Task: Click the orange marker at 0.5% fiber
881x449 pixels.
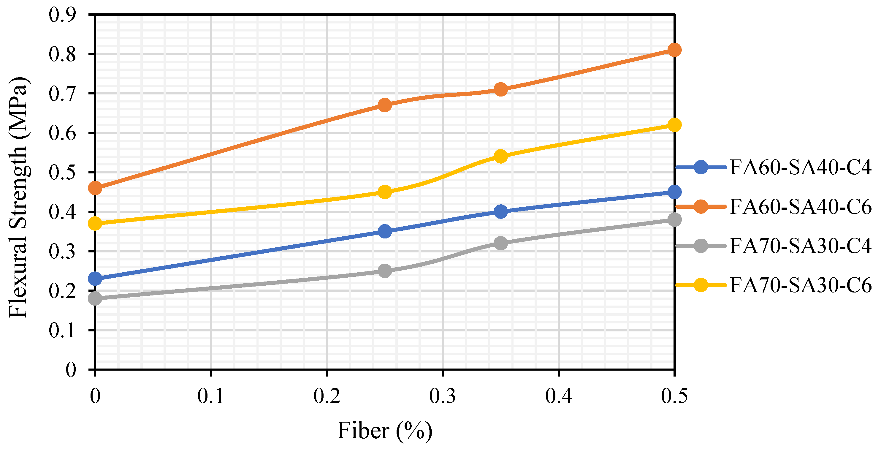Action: pos(674,50)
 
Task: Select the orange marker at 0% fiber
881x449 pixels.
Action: pos(95,188)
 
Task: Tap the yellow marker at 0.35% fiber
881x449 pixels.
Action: pos(501,156)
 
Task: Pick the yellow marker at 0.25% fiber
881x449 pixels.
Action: pos(385,192)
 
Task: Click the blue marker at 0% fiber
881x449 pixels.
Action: pos(95,279)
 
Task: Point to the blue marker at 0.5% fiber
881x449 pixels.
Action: pos(674,192)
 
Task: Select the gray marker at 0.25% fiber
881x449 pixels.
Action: pos(385,271)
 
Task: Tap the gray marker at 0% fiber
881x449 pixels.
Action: pos(95,298)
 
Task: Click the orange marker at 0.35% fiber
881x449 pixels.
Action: pos(501,89)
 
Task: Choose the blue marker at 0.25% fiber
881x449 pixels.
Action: pos(385,231)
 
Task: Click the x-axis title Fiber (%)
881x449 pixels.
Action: pos(385,431)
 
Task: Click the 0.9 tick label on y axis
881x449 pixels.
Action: pos(62,15)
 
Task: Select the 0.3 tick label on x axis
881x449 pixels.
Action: pos(443,396)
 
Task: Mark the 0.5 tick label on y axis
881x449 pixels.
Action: pos(62,173)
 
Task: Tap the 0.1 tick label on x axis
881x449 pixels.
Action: pos(211,396)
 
